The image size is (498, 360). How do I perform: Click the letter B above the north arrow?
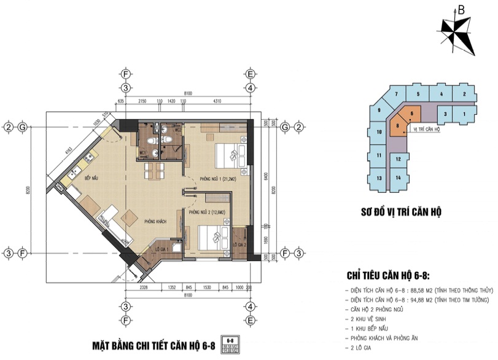(x=461, y=10)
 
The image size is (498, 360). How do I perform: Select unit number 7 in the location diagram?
(x=397, y=94)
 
